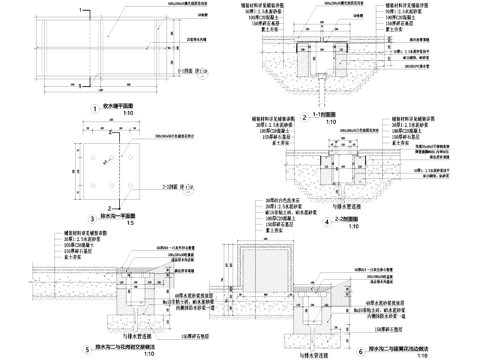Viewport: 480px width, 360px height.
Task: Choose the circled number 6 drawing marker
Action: point(359,323)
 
